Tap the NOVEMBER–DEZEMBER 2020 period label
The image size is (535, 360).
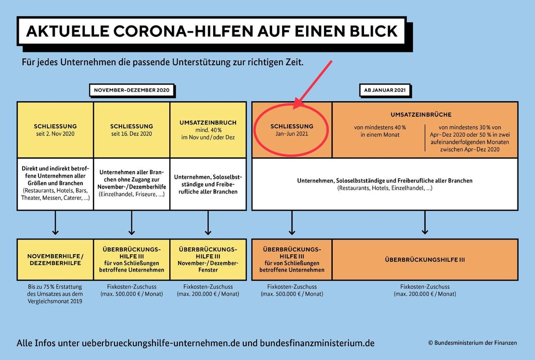point(131,90)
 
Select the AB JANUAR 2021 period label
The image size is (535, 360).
point(385,90)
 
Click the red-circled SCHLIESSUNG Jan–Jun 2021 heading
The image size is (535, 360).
point(292,130)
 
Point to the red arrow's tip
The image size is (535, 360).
point(295,107)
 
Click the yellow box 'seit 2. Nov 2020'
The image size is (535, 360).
point(55,130)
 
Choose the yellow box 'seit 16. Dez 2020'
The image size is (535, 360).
point(131,130)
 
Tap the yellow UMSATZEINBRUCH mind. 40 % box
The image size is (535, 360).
point(208,130)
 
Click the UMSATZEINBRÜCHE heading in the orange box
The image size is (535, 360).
point(421,115)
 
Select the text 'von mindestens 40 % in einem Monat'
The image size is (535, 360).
point(380,131)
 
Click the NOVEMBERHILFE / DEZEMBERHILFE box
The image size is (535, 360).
point(55,259)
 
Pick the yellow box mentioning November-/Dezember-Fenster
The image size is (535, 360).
point(208,259)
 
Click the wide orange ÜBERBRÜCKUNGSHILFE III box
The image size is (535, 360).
point(425,260)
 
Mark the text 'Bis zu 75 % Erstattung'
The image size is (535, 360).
point(55,287)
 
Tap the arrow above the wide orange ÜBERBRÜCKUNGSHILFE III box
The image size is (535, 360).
point(425,223)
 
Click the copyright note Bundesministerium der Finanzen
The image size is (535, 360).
point(472,343)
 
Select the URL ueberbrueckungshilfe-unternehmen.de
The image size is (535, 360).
point(163,343)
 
